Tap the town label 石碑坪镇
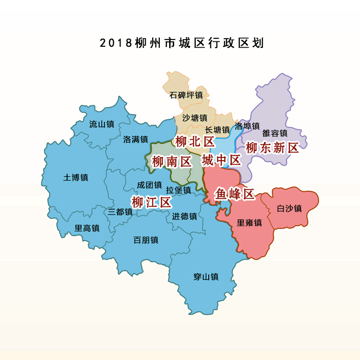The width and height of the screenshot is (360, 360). point(186,95)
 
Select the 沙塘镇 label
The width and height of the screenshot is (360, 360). point(194,118)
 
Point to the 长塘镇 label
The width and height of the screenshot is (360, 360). point(217,130)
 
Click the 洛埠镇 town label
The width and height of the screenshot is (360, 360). point(247,126)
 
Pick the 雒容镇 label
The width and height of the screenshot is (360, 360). point(274,133)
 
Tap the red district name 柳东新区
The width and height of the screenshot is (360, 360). point(273,148)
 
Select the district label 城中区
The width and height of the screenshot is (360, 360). point(221,160)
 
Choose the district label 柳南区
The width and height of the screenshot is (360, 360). point(171,162)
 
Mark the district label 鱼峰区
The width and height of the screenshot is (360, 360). point(234,194)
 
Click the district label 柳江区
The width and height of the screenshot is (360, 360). point(151,202)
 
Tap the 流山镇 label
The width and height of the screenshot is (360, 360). point(101,124)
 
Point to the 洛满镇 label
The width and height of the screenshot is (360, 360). point(135,139)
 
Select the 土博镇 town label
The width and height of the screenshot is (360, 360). point(76,177)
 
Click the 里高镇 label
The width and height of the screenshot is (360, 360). point(86,228)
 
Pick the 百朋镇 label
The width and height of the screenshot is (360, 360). point(146,240)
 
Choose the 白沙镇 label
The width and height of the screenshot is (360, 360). point(289,208)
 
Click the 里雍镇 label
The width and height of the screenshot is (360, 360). point(249,223)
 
